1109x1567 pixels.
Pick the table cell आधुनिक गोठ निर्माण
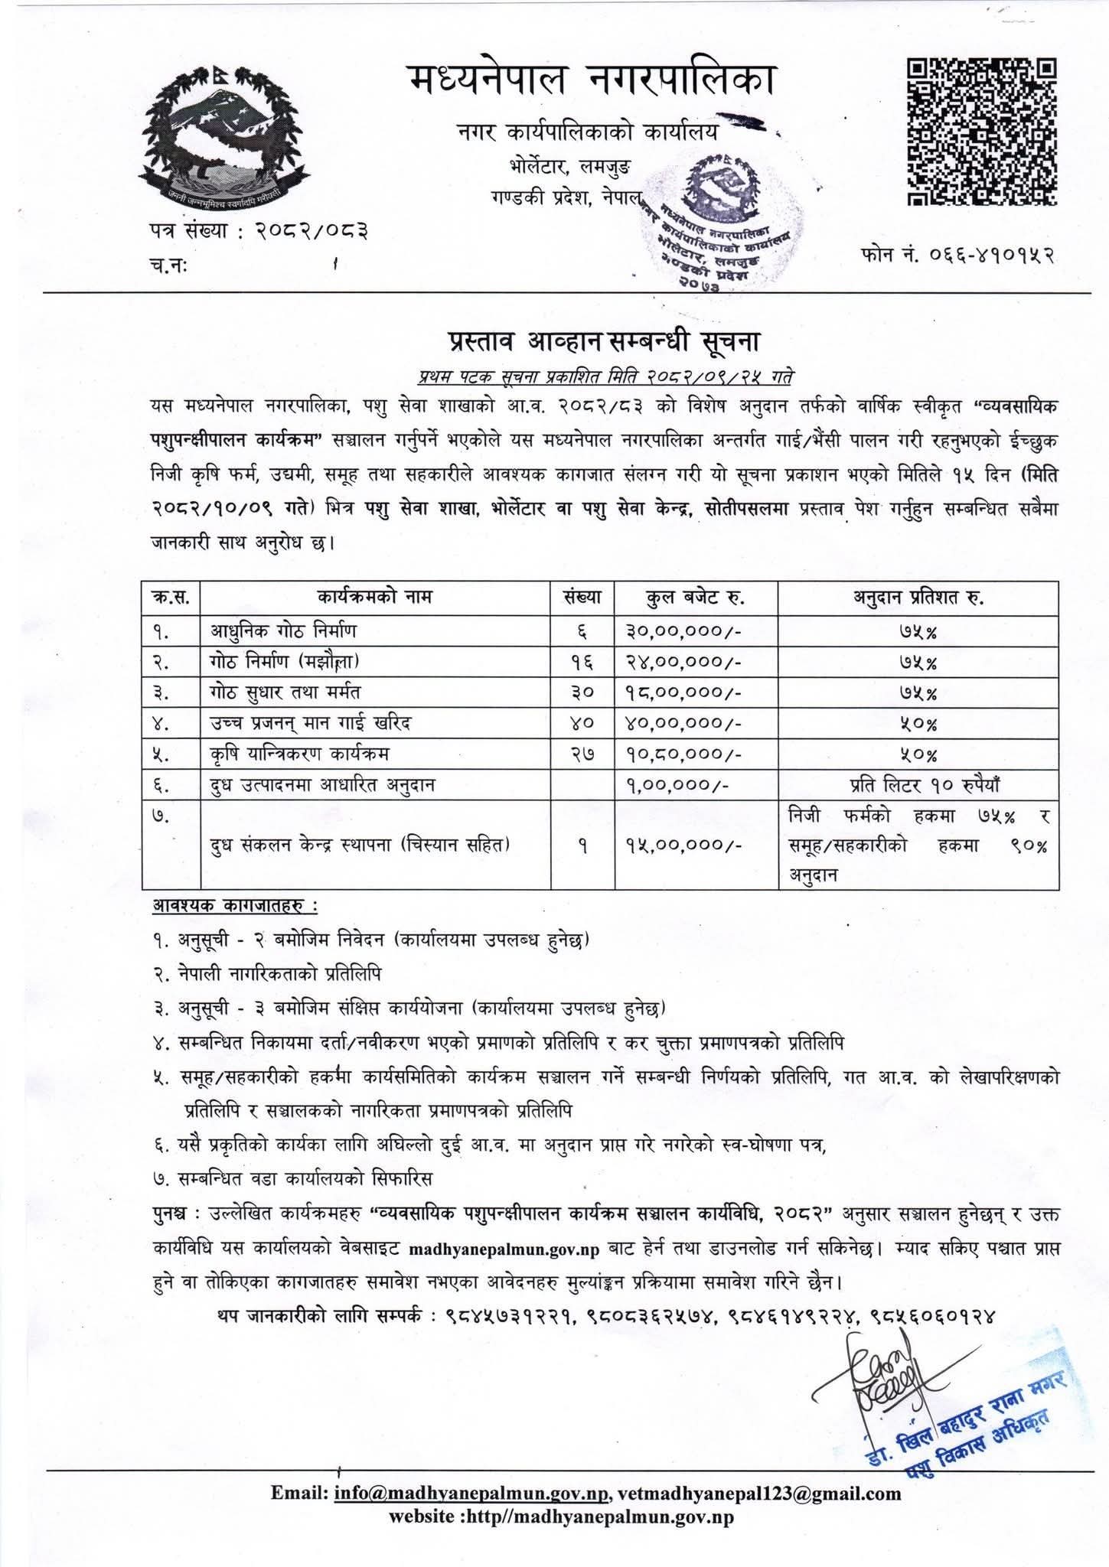coord(284,631)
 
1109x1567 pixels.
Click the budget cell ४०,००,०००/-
coord(678,723)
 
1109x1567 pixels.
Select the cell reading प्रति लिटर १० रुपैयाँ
coord(918,785)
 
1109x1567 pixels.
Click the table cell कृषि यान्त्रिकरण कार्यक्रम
coord(300,754)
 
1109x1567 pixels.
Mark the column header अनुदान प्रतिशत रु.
coord(918,597)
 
